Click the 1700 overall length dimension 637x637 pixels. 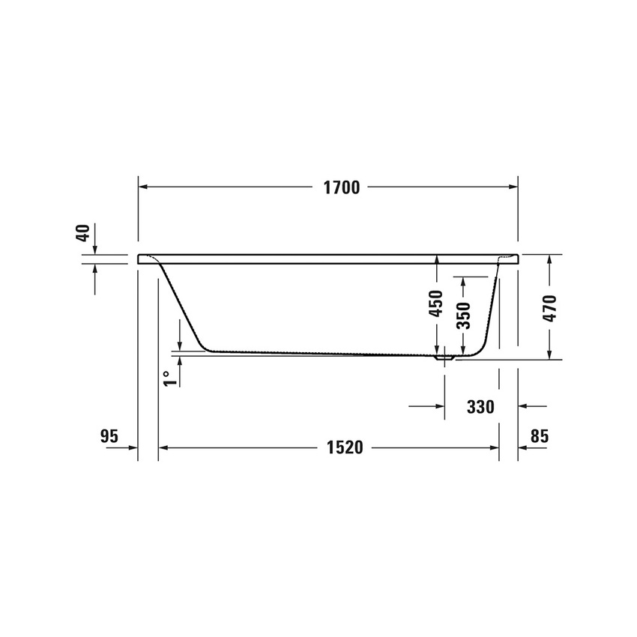342,187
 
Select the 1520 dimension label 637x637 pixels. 345,447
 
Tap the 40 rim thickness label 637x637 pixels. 83,233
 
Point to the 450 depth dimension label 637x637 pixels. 436,304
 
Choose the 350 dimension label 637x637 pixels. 463,316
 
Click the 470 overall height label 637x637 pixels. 549,308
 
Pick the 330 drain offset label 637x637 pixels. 480,407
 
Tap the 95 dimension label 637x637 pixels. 109,436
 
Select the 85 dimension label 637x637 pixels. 540,436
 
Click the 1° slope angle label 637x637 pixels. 171,378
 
